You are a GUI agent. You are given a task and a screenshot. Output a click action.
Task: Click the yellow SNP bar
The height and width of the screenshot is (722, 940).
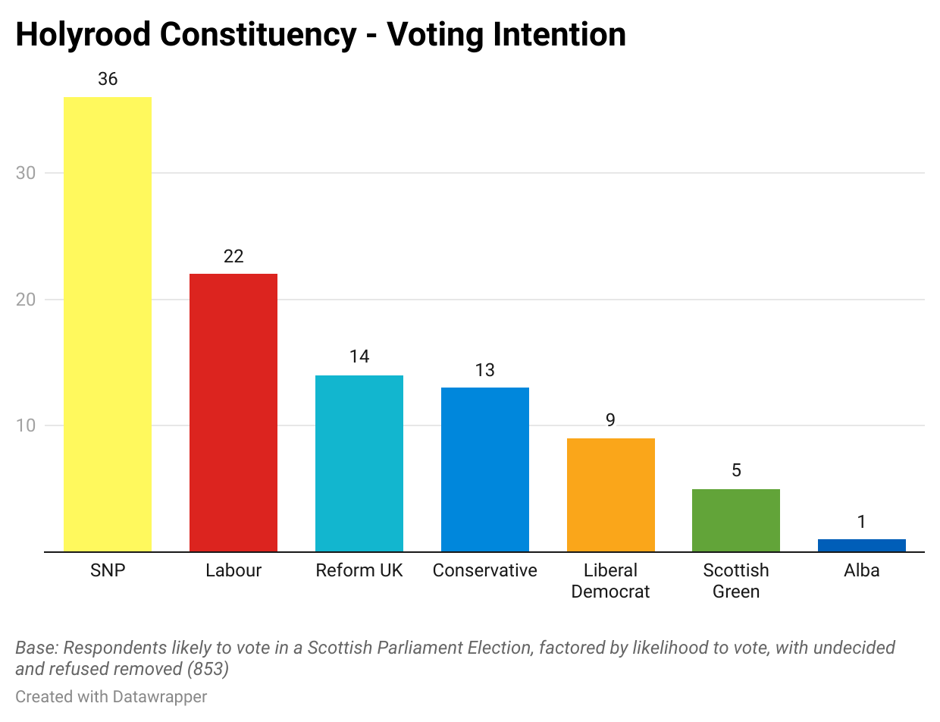click(x=108, y=324)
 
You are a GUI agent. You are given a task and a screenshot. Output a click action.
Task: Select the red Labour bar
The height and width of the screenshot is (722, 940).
click(x=233, y=413)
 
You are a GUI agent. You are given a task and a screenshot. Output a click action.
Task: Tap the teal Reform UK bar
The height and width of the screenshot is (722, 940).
click(x=359, y=463)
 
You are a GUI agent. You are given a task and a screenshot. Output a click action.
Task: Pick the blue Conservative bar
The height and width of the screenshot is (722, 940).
click(x=485, y=469)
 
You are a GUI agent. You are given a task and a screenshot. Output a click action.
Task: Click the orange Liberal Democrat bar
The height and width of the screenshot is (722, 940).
click(x=611, y=494)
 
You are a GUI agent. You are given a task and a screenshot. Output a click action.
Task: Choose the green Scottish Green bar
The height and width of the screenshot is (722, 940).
click(x=736, y=520)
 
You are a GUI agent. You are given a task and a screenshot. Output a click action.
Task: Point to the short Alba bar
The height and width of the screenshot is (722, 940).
click(x=862, y=545)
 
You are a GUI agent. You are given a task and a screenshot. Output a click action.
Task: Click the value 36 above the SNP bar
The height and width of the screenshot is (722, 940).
click(x=108, y=79)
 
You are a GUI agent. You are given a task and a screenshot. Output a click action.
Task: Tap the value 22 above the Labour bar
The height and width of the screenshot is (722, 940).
click(x=233, y=256)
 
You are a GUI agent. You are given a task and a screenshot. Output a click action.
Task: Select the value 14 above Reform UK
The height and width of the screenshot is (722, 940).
click(x=359, y=357)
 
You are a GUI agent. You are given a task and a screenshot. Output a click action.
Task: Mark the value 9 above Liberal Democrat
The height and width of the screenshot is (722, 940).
click(x=611, y=420)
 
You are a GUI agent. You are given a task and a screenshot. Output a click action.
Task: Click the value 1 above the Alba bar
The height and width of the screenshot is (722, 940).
click(x=862, y=522)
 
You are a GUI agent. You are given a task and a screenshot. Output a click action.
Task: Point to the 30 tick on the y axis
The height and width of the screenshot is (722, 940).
click(x=26, y=173)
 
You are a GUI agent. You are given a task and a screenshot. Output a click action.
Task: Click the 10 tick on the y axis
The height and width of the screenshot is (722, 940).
click(x=26, y=425)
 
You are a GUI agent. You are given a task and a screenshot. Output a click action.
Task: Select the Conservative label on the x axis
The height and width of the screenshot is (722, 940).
click(x=485, y=570)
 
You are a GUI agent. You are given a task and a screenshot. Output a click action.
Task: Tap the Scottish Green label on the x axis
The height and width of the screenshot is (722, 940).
click(x=736, y=581)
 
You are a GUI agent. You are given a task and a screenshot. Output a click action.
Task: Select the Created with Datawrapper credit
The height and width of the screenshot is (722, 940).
click(x=111, y=696)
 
